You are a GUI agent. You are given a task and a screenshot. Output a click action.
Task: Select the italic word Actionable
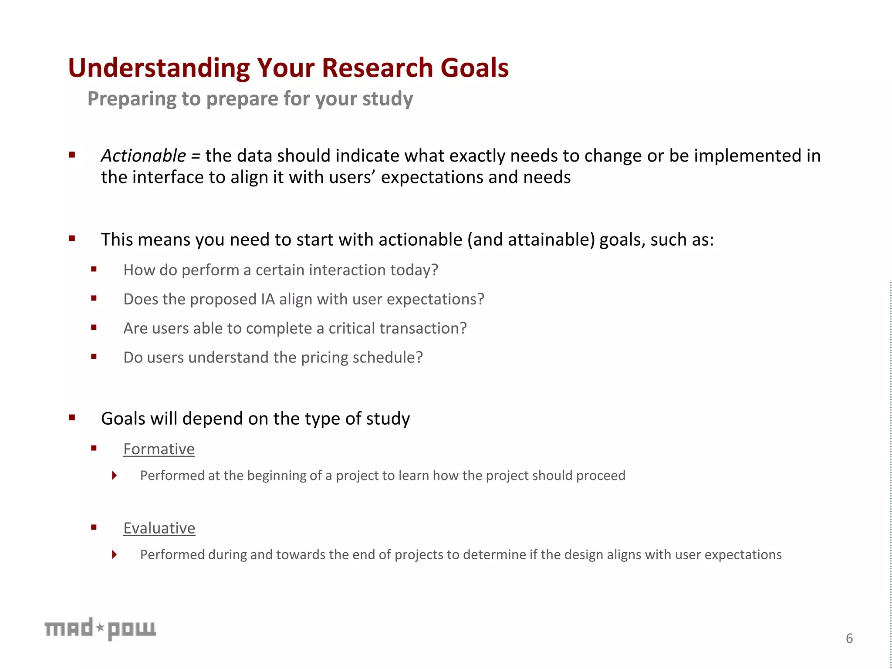(143, 156)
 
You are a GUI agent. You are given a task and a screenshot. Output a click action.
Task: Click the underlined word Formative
(159, 449)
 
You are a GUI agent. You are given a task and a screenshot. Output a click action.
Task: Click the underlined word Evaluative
(159, 528)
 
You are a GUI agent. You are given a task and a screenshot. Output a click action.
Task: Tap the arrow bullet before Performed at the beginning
(114, 475)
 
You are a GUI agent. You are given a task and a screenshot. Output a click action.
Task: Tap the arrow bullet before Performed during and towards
(114, 554)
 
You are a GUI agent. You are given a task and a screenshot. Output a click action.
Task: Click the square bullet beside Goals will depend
(72, 418)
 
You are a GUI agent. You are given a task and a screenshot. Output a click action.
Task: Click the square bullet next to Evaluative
(94, 527)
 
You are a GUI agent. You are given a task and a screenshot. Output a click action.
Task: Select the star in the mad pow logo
(100, 628)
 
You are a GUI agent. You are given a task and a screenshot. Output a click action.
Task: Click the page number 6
(849, 639)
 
